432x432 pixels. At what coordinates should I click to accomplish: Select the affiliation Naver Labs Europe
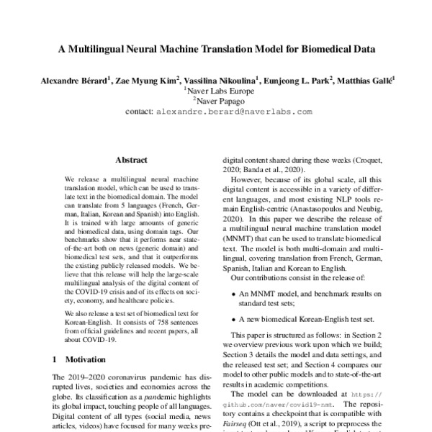click(x=216, y=92)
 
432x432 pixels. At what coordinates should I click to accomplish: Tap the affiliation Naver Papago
click(x=216, y=102)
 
